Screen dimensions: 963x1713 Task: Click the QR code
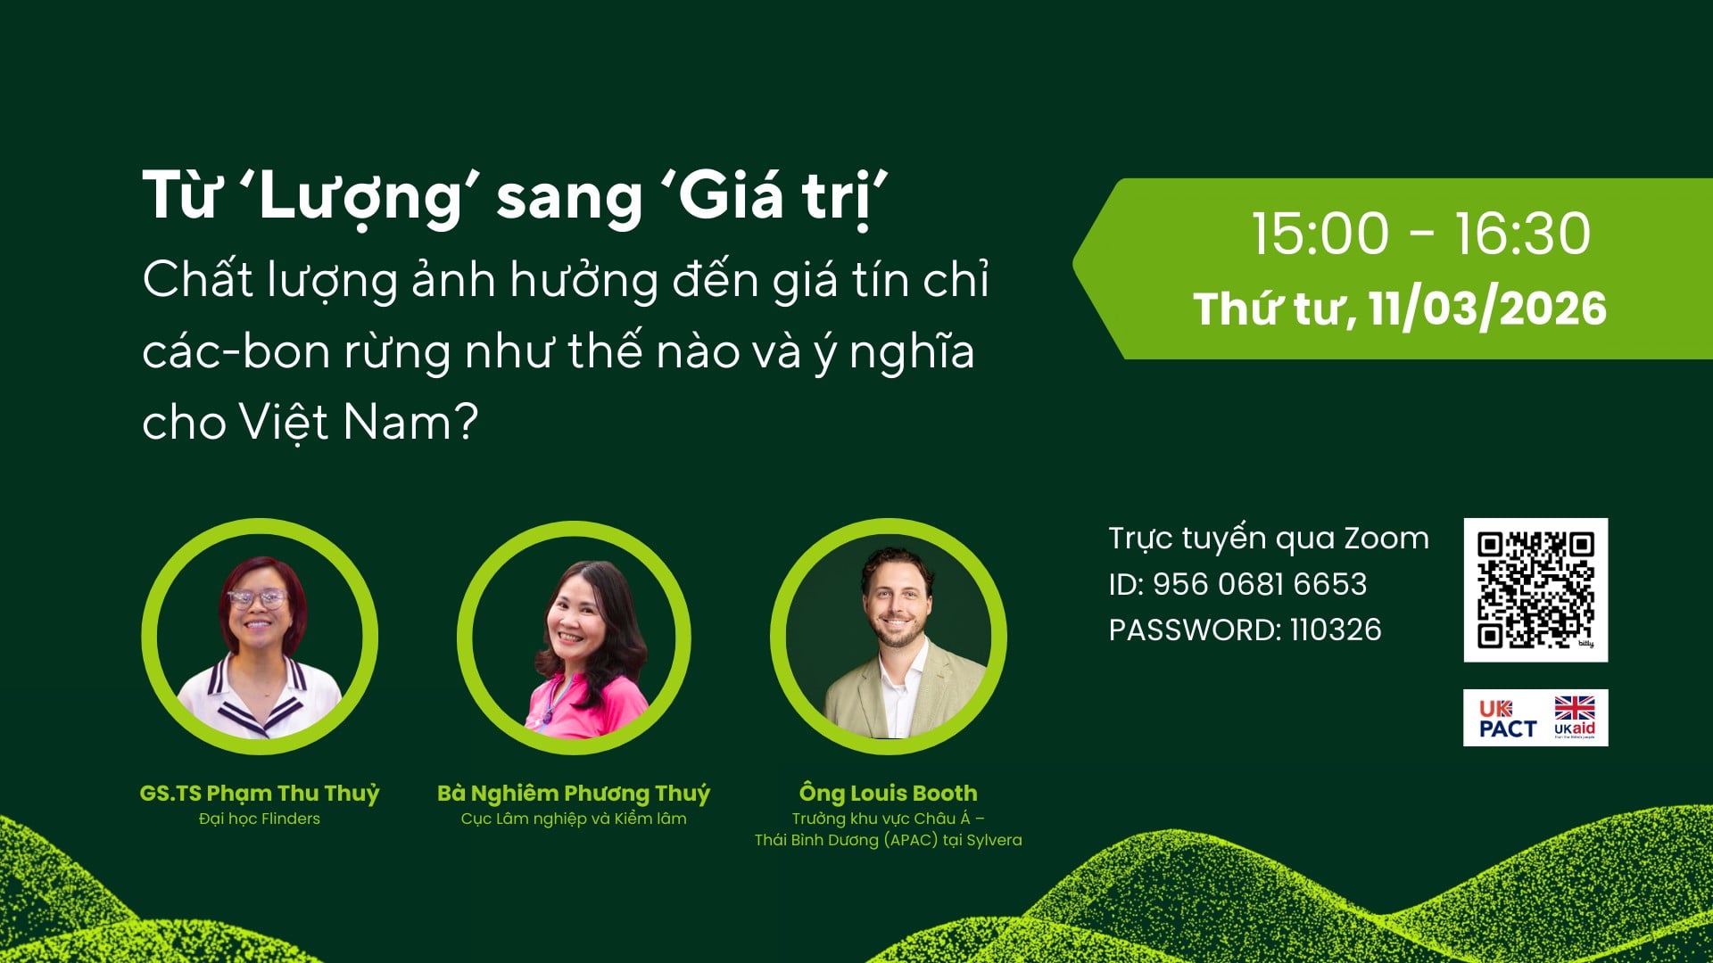[x=1535, y=589]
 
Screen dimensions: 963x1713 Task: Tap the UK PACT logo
[x=1507, y=719]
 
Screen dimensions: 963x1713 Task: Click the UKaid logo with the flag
[x=1575, y=718]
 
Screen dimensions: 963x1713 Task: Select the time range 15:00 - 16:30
[x=1420, y=235]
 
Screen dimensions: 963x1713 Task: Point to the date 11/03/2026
[x=1487, y=309]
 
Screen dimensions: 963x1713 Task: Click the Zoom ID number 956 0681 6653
[x=1259, y=584]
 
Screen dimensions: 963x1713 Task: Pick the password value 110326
[x=1336, y=630]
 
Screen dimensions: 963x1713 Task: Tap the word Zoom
[x=1386, y=539]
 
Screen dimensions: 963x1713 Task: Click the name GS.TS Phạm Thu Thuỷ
[x=260, y=793]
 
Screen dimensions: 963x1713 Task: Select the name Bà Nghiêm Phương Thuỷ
[x=574, y=793]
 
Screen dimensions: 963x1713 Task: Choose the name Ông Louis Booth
[x=888, y=793]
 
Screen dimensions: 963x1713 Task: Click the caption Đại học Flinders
[x=260, y=819]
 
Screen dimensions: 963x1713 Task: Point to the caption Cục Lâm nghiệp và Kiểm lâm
[x=574, y=819]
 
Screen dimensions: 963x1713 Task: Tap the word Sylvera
[x=994, y=840]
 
